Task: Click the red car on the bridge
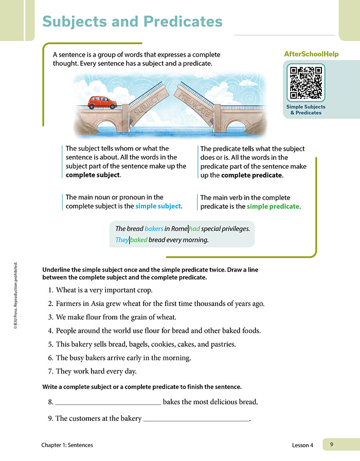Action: point(102,102)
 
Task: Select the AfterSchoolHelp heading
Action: point(311,54)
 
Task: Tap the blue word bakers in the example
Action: point(154,228)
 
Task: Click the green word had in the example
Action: point(194,228)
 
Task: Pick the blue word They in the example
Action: point(122,240)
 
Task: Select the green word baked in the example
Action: point(139,240)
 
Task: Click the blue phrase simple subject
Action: point(158,206)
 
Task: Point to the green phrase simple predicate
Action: point(273,206)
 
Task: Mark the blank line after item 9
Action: point(196,419)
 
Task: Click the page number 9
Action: point(332,445)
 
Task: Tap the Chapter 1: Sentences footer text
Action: point(68,445)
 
